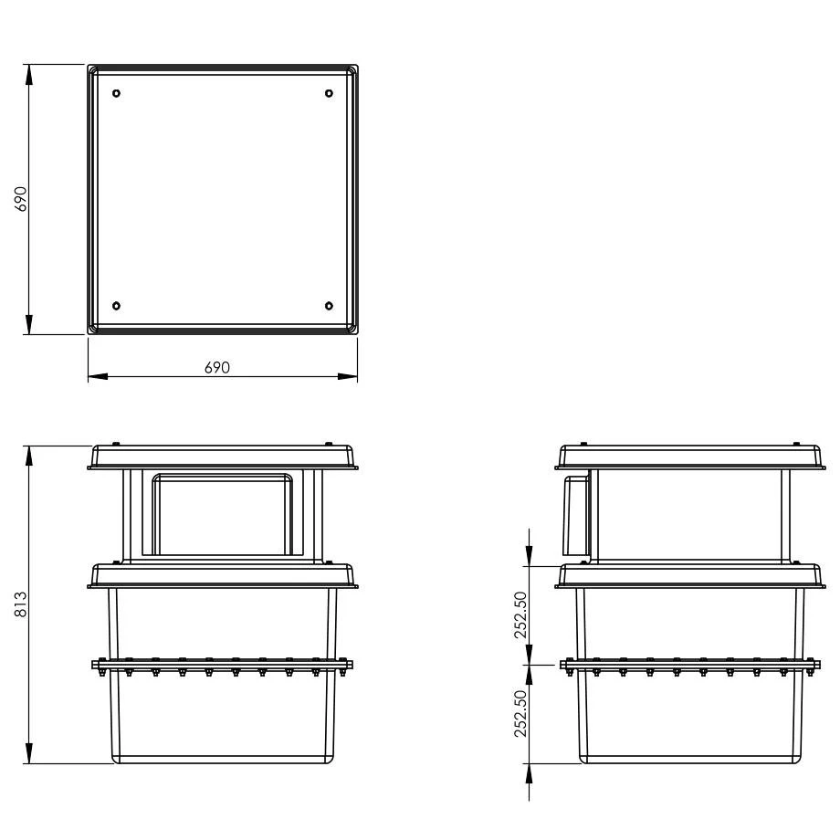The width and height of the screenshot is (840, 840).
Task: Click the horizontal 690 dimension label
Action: pyautogui.click(x=216, y=367)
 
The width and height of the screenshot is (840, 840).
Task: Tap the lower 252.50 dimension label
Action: pyautogui.click(x=521, y=713)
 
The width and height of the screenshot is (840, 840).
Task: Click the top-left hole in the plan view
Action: pyautogui.click(x=116, y=93)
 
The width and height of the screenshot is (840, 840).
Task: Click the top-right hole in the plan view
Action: pyautogui.click(x=329, y=93)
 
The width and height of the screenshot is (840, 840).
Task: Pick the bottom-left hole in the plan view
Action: pyautogui.click(x=116, y=306)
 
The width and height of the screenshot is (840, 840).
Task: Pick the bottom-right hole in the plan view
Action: pyautogui.click(x=329, y=306)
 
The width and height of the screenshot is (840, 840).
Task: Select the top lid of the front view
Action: pyautogui.click(x=224, y=457)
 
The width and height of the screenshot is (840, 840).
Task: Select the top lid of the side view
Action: pyautogui.click(x=691, y=457)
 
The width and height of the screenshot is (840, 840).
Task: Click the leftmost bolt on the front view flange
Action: pyautogui.click(x=102, y=672)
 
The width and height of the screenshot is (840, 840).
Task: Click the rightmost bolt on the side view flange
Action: pyautogui.click(x=810, y=672)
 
